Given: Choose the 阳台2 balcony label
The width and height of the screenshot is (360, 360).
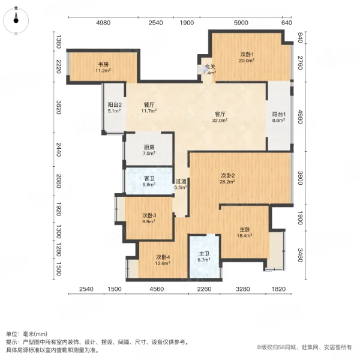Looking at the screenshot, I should tap(115, 107).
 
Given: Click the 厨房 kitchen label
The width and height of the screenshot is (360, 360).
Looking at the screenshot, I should tap(149, 150).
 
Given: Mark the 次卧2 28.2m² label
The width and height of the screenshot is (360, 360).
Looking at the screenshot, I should tap(226, 179).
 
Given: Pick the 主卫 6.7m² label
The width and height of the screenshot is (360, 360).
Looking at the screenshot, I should tap(204, 257).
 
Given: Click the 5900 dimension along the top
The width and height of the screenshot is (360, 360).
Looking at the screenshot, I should tap(241, 23).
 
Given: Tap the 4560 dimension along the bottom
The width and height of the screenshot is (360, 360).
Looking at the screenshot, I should tap(157, 289).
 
